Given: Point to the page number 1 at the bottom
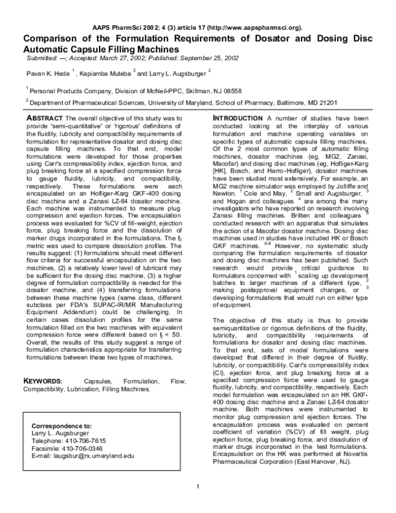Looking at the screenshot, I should pyautogui.click(x=198, y=506).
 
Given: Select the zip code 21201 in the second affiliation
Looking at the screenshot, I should pyautogui.click(x=327, y=103).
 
